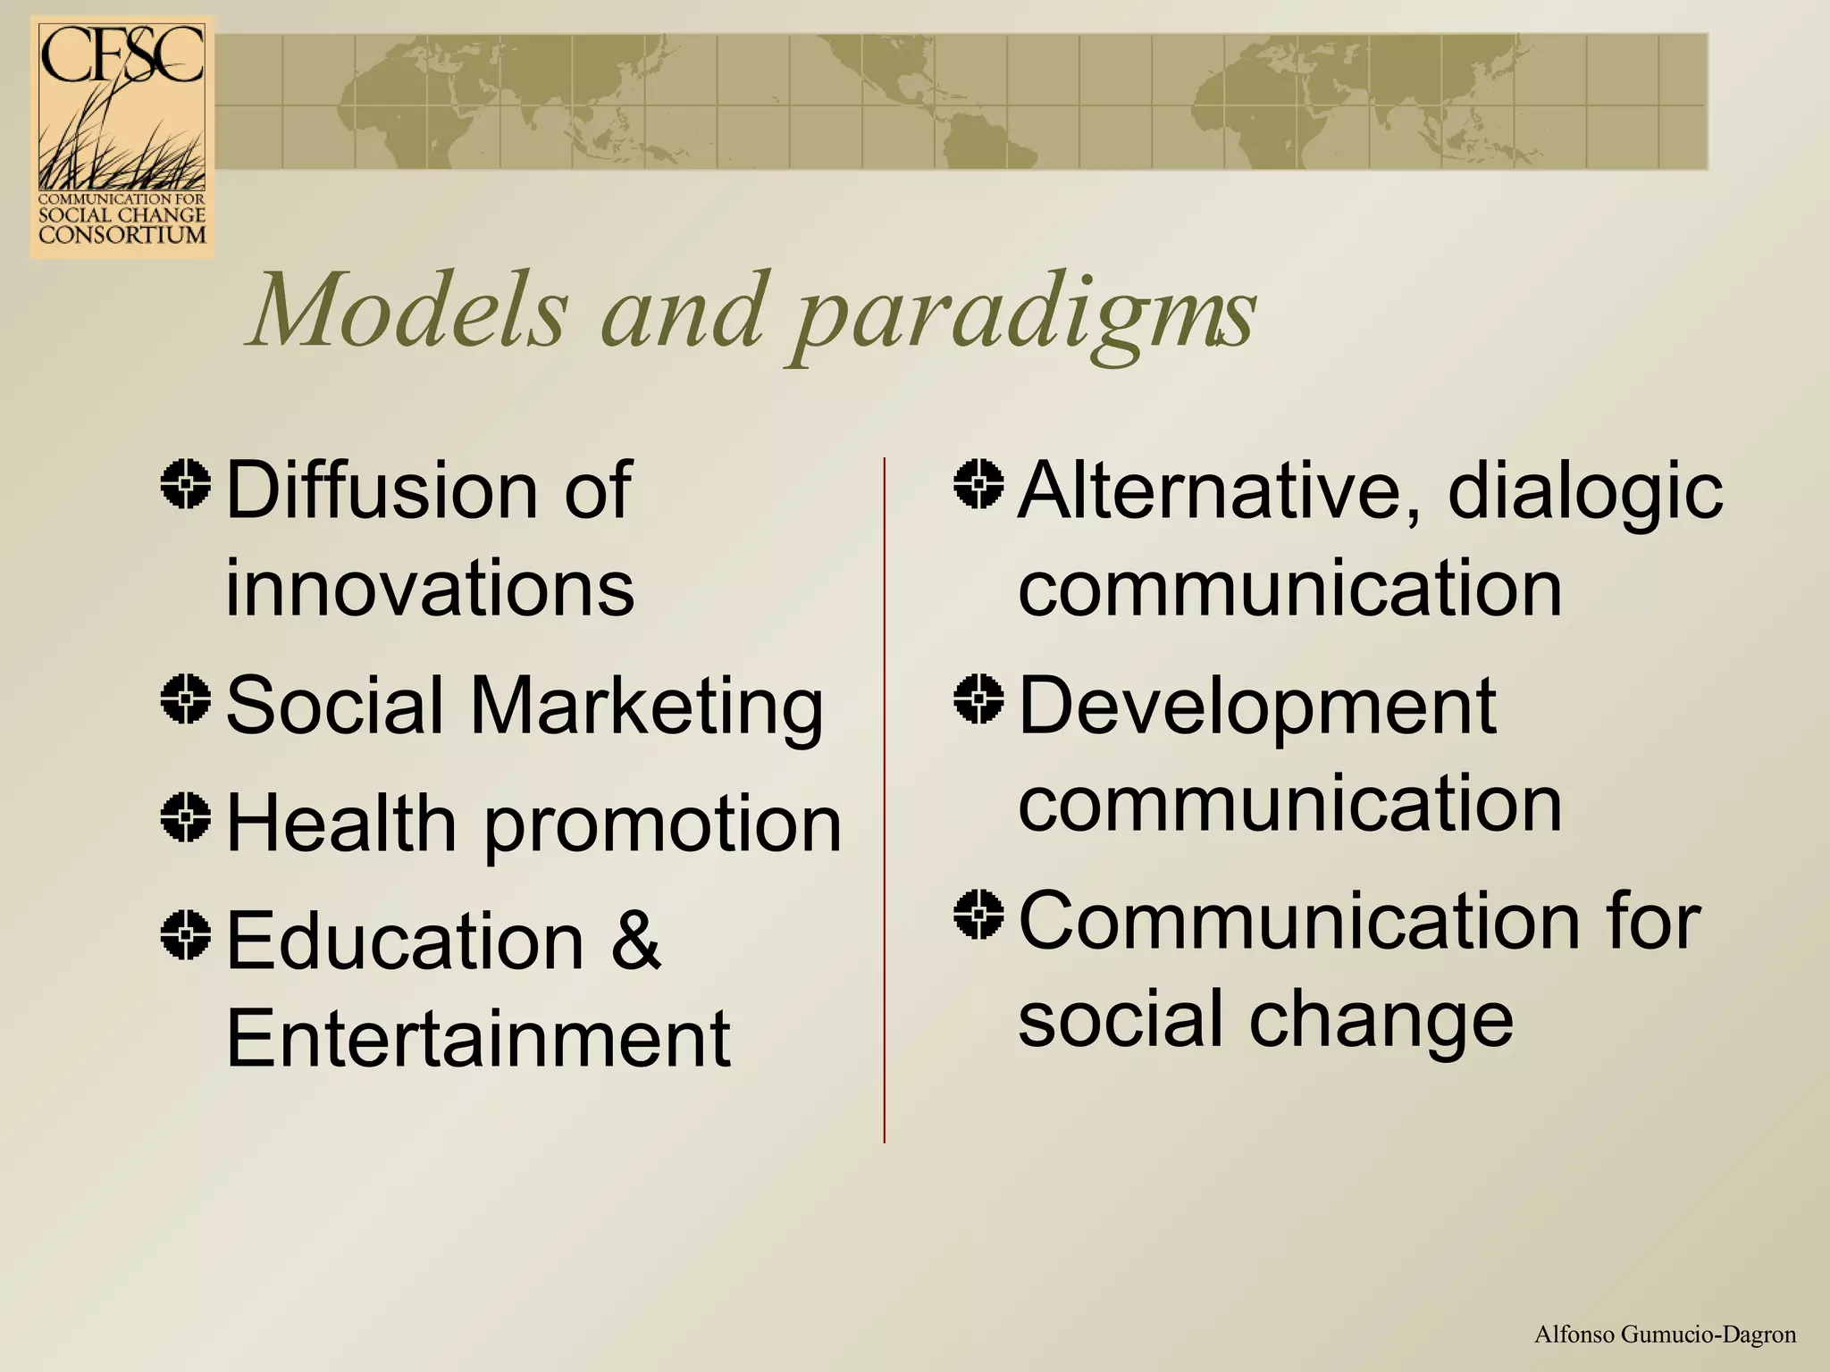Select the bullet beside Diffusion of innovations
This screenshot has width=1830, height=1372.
[186, 484]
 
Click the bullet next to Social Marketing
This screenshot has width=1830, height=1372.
[186, 699]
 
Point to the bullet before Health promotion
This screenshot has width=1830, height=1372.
[186, 816]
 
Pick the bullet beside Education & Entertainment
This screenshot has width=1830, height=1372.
[186, 934]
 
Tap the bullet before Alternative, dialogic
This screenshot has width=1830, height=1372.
[978, 484]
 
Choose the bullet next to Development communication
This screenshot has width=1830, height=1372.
[978, 699]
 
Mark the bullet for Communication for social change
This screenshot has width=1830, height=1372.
[978, 915]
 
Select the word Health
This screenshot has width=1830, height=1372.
[341, 823]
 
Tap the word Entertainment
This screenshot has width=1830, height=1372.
[478, 1038]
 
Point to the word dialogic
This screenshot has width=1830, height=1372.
[1584, 493]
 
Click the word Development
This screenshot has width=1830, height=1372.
[1256, 707]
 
